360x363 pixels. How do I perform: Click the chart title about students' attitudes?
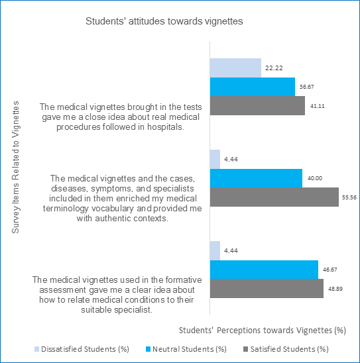coord(164,21)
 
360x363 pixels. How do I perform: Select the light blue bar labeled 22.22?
coord(235,68)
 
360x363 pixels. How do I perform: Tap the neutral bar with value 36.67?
coord(253,87)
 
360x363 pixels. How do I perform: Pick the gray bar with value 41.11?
coord(258,105)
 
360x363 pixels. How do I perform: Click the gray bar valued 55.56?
coord(274,197)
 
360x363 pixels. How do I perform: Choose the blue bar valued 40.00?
coord(256,178)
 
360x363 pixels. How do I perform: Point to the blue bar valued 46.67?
coord(264,270)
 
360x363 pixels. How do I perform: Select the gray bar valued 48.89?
coord(267,288)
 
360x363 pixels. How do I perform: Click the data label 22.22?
coord(274,68)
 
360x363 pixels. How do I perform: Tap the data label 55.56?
coord(349,197)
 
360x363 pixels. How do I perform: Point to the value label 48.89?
coord(335,289)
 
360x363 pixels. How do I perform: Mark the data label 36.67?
coord(307,87)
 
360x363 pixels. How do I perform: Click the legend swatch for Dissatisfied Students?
coord(37,349)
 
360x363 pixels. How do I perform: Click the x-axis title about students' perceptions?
coord(263,331)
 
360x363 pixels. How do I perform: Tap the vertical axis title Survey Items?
coord(15,167)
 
